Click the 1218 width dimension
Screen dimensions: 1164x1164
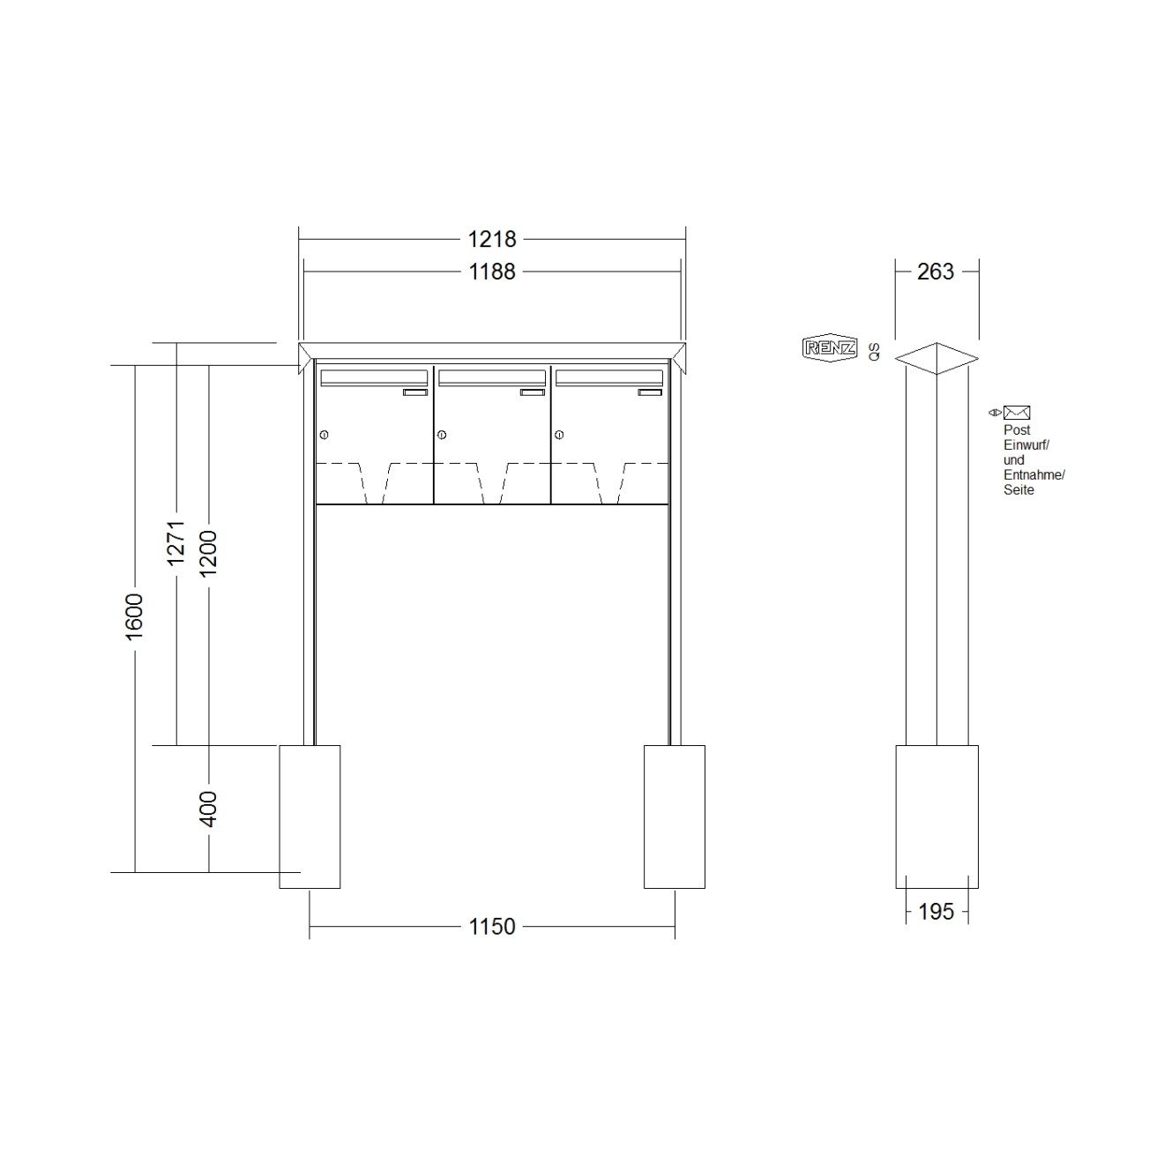pos(492,240)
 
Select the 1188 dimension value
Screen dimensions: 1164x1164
pos(492,272)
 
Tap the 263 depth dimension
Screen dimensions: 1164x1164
pos(935,272)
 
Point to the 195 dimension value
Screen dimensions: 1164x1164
pos(936,912)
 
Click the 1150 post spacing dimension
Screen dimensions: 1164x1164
pos(492,926)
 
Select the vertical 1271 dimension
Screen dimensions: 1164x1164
pos(175,543)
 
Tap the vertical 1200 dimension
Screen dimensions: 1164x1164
pos(208,553)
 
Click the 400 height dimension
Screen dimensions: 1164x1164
pos(208,809)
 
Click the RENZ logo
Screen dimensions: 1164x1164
pos(830,347)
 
